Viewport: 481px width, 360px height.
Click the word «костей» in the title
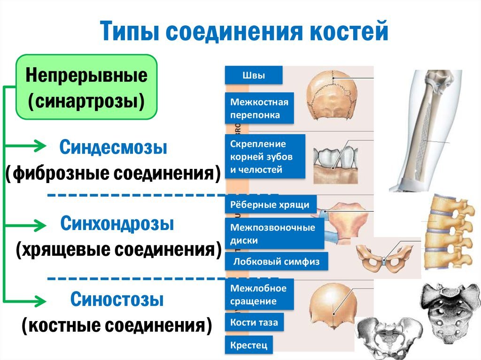pos(349,31)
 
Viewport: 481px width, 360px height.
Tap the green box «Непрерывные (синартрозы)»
pos(86,87)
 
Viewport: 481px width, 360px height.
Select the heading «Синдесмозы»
pos(113,147)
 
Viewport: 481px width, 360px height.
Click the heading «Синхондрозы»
pos(117,223)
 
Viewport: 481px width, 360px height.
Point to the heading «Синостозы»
pos(117,299)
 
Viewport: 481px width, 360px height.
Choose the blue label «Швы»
pos(254,75)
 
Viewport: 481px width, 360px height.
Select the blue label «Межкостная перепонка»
pos(259,108)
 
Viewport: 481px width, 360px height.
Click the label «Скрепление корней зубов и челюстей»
pos(265,156)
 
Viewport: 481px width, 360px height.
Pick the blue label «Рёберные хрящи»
pos(271,205)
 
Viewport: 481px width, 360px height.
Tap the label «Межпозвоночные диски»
pos(274,234)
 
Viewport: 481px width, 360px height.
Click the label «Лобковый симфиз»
pos(276,261)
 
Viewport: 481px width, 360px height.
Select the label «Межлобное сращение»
pos(259,294)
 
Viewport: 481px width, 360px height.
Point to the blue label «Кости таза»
pos(254,322)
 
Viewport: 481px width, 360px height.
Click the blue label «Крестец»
pos(249,345)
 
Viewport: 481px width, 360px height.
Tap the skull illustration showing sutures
pos(332,94)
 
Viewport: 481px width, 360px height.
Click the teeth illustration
pos(336,165)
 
